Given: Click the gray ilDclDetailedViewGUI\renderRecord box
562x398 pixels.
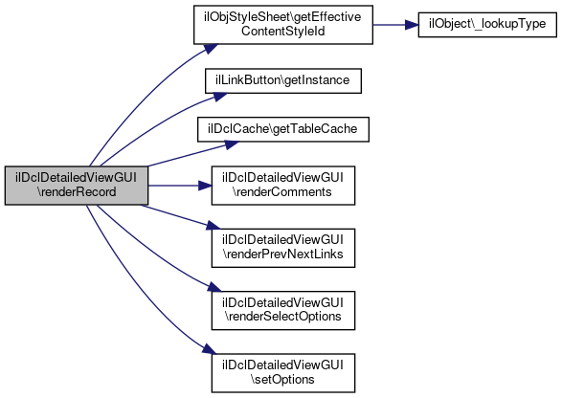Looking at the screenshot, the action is (x=77, y=186).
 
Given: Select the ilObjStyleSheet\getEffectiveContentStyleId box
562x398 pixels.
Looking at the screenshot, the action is (x=283, y=25).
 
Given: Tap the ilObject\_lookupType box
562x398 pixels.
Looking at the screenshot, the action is (x=487, y=25).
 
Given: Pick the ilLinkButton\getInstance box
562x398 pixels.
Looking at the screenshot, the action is (x=283, y=80).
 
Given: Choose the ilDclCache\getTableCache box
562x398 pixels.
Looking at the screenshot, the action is (x=283, y=129).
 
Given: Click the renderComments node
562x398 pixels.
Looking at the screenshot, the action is (x=283, y=186).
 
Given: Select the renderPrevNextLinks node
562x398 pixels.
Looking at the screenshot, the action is (x=283, y=248).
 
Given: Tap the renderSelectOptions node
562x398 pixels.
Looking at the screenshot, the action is (x=283, y=311).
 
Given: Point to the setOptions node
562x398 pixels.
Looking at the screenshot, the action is (x=283, y=373).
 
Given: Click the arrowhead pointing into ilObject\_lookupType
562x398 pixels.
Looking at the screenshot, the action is (x=412, y=25).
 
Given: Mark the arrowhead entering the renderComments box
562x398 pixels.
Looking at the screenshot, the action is (x=205, y=186).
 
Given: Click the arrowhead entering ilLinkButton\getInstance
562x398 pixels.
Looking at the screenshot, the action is (x=219, y=97).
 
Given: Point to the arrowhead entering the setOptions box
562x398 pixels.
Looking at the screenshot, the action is (x=210, y=349).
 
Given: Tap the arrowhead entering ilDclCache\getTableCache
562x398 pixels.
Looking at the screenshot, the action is (x=231, y=144).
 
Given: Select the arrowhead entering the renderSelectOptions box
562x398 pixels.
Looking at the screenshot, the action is (x=214, y=287).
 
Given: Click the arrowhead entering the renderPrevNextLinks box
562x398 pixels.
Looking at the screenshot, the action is (x=213, y=226).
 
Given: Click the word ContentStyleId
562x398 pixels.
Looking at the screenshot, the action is (x=283, y=32).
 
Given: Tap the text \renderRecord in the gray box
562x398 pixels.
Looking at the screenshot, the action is (x=77, y=192).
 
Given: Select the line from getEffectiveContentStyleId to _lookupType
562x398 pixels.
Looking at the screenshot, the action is (x=389, y=25).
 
